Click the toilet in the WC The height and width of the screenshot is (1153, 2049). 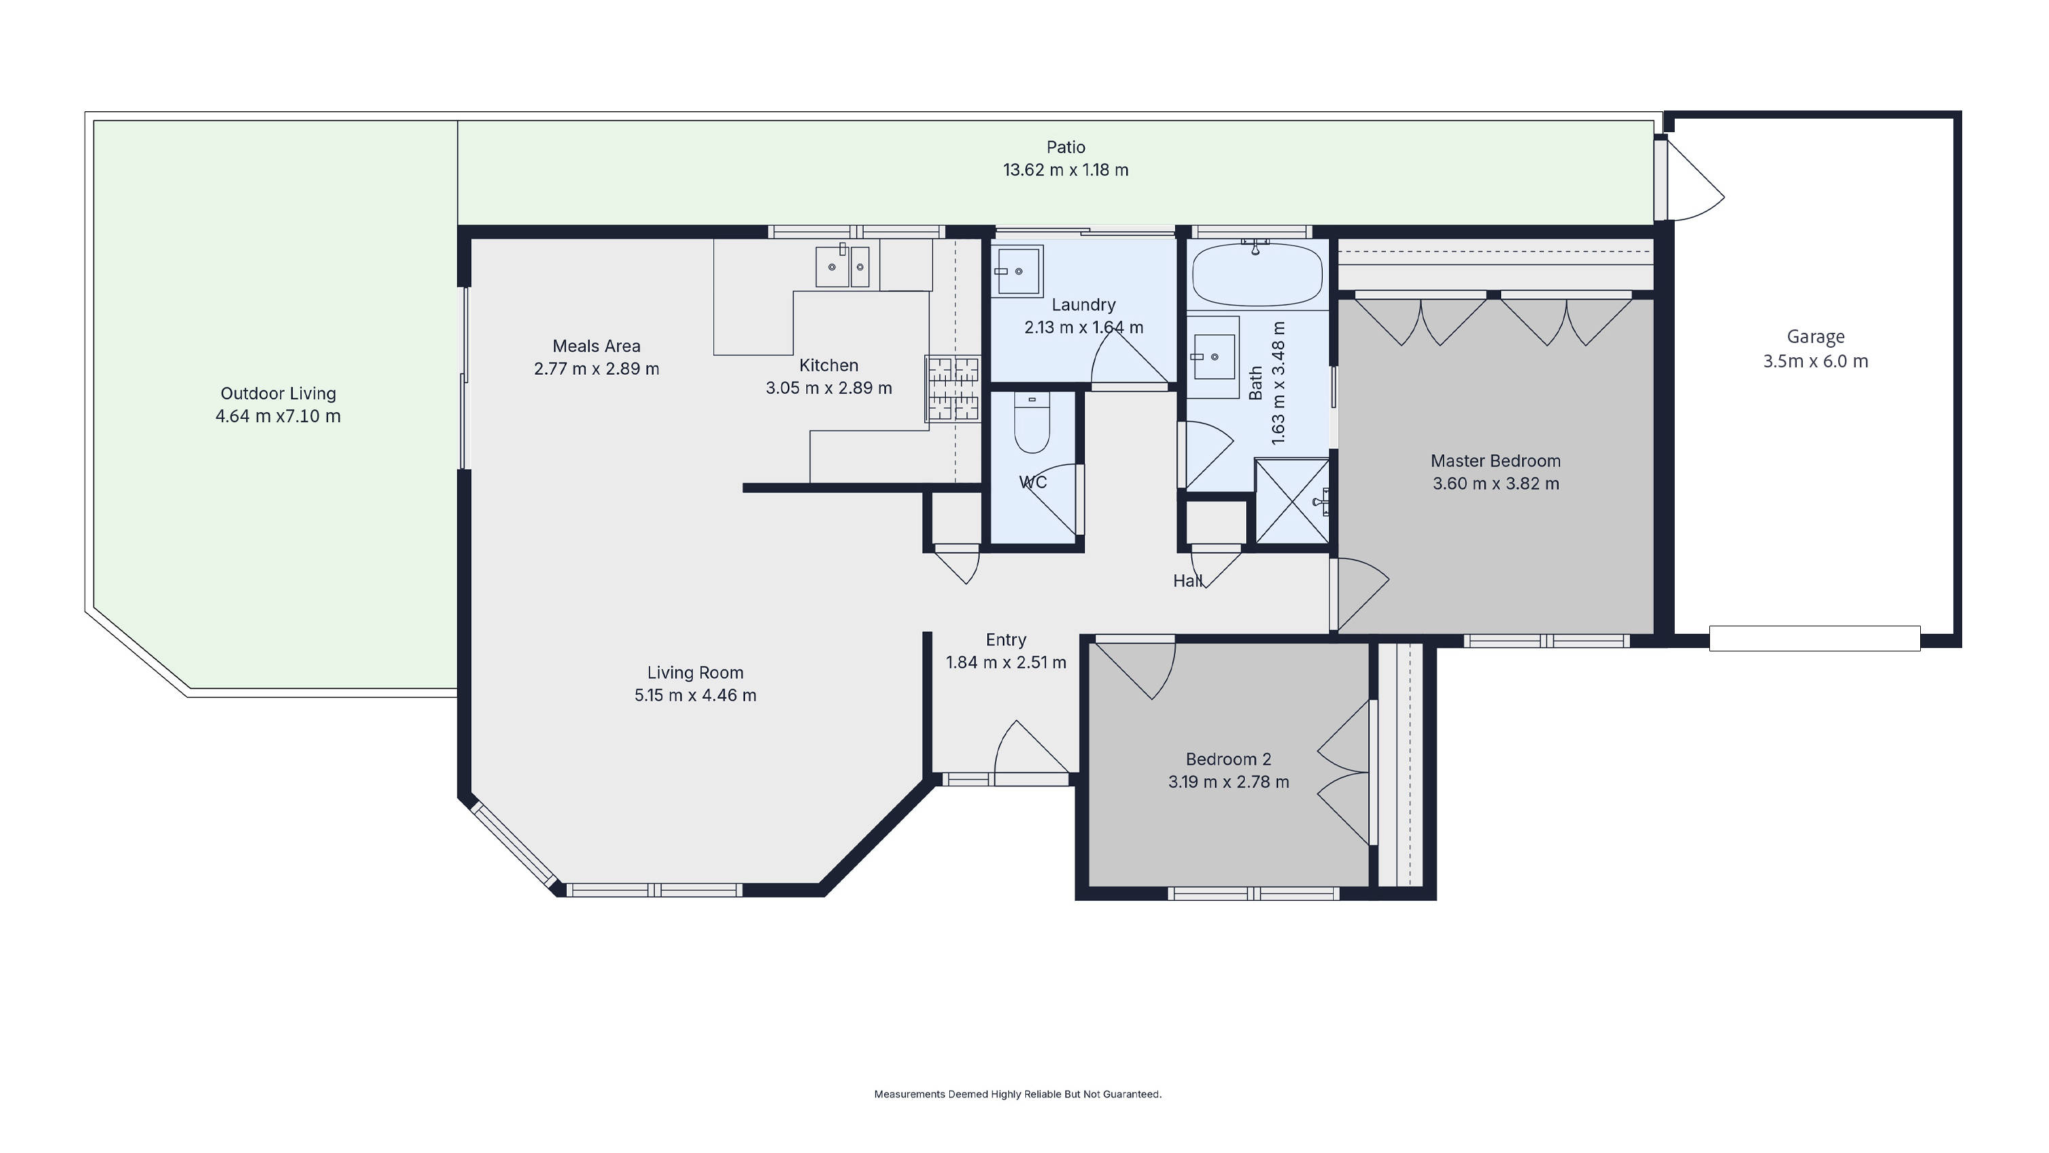1032,426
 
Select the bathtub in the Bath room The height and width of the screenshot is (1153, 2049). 1257,275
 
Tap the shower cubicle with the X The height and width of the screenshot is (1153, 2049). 1292,501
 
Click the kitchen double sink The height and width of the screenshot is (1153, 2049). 842,266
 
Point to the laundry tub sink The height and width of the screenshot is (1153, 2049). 1016,271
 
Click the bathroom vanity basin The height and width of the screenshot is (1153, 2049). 1212,357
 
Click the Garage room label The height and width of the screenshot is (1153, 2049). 1815,337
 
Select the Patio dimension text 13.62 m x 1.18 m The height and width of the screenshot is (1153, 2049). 1065,170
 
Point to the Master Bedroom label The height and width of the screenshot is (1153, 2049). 1495,461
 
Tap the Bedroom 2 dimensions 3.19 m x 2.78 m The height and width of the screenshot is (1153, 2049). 1228,782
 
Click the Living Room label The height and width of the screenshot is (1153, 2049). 694,672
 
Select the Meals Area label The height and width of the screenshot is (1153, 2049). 596,346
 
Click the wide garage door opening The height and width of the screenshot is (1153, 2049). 1814,639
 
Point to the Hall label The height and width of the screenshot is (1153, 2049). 1187,582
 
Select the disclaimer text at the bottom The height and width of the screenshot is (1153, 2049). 1017,1094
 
